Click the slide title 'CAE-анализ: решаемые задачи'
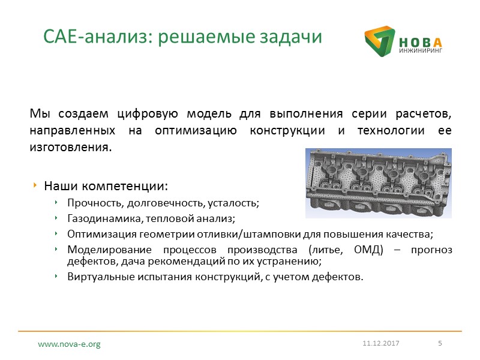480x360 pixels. pos(183,37)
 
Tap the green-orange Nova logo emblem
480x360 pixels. pos(379,44)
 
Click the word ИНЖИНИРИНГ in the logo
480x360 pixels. pos(420,52)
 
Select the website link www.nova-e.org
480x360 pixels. pos(69,344)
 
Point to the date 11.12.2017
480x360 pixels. pos(380,343)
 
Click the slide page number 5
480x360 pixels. pos(440,343)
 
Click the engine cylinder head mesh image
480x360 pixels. pos(377,182)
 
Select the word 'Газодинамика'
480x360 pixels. pos(98,218)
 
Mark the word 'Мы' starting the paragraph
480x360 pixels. pos(37,114)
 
